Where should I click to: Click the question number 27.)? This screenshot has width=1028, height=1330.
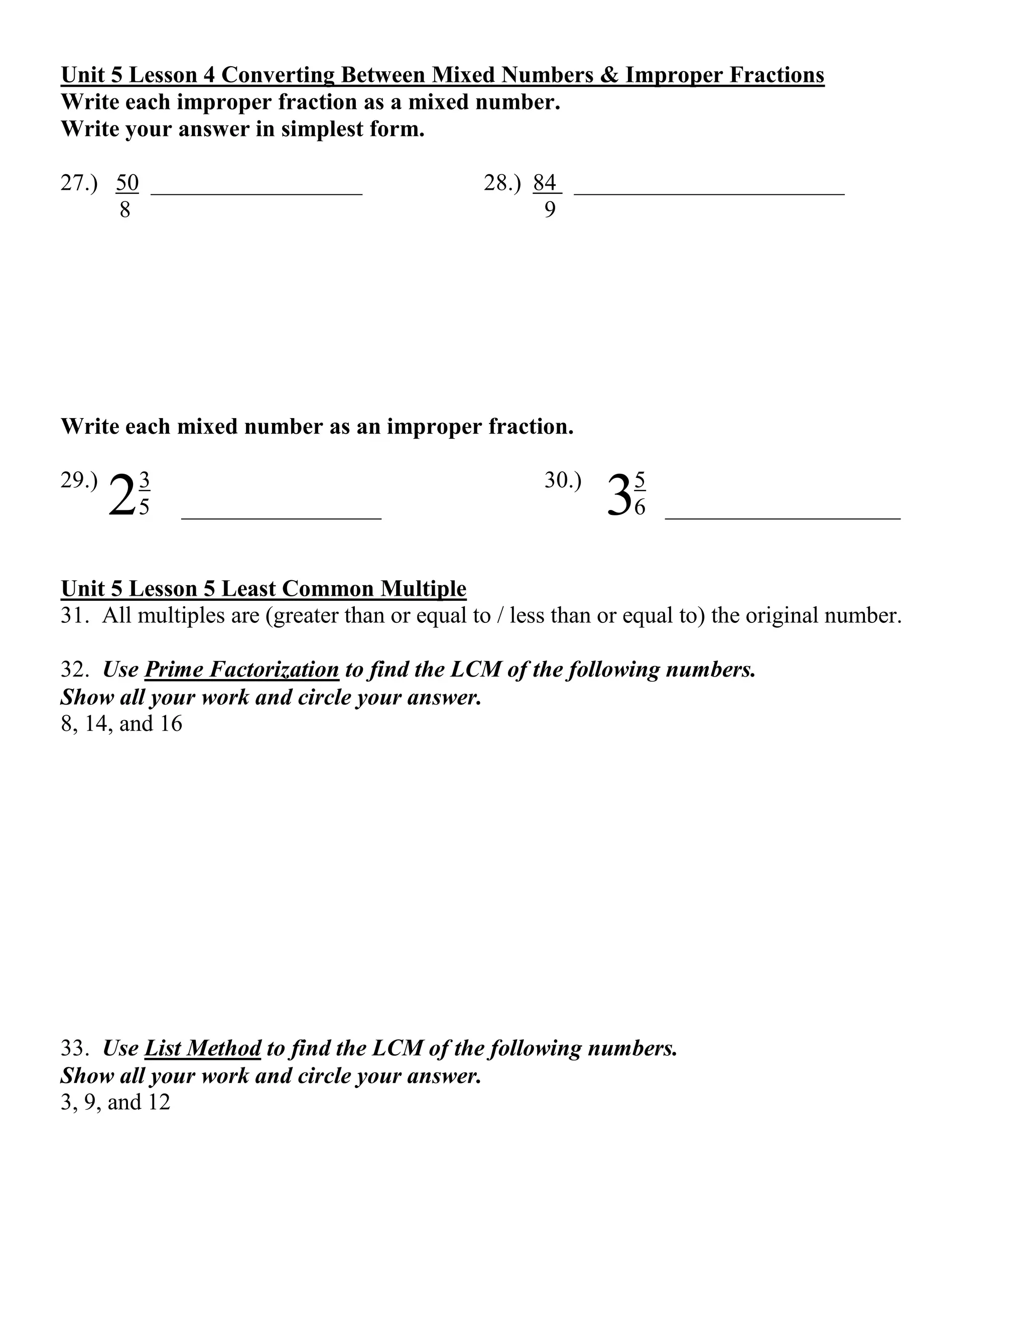[79, 183]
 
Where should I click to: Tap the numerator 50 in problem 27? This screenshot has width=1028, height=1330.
[127, 183]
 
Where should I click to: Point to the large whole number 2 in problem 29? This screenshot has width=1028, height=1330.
[122, 496]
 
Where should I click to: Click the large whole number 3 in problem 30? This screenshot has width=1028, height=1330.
[619, 496]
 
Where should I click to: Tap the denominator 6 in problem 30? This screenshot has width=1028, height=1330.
[639, 507]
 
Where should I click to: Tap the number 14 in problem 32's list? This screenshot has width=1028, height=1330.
[95, 723]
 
